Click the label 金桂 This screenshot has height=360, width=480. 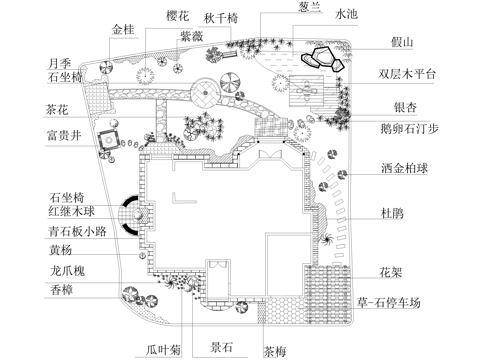click(123, 30)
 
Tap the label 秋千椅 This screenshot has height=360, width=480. click(222, 18)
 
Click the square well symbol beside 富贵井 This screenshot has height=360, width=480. click(106, 143)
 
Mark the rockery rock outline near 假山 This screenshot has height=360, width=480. click(324, 57)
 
